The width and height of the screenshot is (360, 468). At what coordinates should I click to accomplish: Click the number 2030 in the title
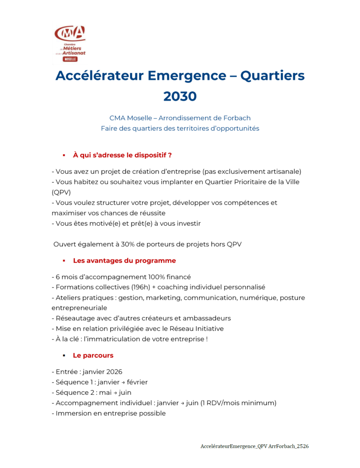pos(180,96)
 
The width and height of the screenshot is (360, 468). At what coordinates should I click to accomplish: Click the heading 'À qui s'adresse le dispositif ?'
pos(122,155)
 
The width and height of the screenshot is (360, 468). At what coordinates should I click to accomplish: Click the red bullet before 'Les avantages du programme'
pos(64,261)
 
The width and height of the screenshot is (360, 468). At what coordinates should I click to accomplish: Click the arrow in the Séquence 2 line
pos(113,393)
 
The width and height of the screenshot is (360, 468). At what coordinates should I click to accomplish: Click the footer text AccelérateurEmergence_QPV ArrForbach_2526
pos(254,446)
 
